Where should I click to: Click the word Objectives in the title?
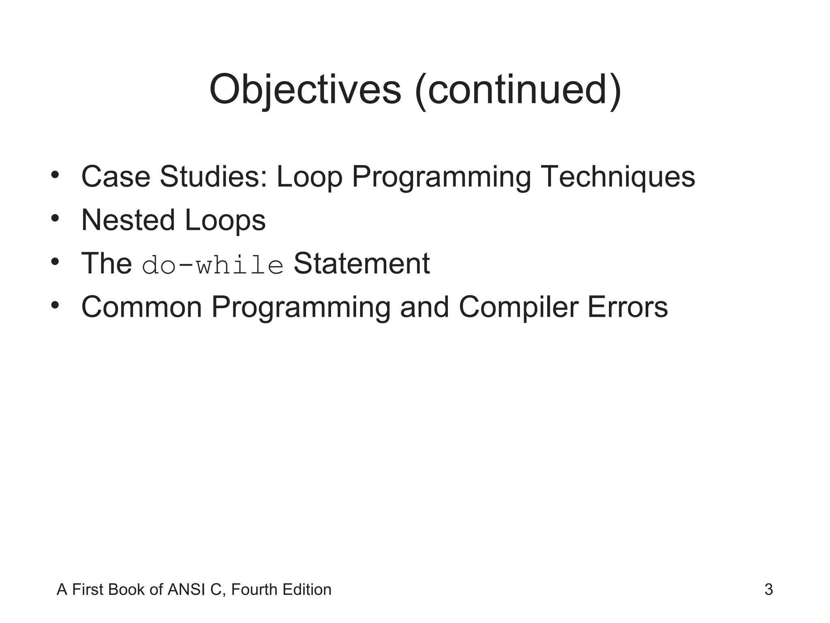coord(305,90)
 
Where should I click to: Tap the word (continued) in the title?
coord(518,90)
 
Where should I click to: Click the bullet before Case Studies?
coord(55,175)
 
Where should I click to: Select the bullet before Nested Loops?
coord(55,219)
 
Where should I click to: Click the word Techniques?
coord(618,177)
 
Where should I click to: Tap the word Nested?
coord(128,220)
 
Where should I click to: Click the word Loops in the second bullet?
coord(225,220)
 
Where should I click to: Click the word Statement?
coord(361,264)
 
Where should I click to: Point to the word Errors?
coord(627,307)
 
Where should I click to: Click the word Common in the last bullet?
coord(141,307)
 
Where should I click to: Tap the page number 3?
coord(768,589)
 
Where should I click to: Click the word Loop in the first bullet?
coord(309,177)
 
